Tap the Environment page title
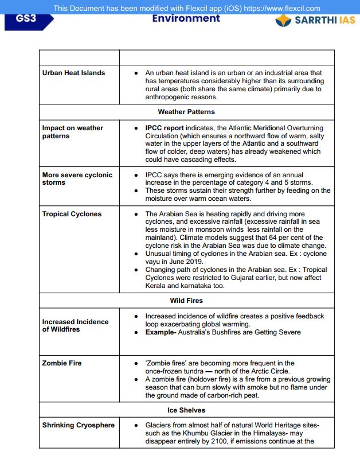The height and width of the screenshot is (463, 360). pos(186,18)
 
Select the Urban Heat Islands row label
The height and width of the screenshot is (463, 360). pos(73,73)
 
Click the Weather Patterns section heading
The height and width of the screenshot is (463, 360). pos(186,111)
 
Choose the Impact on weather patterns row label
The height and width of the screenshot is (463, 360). pos(72,132)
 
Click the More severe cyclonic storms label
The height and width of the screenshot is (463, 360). pos(77,178)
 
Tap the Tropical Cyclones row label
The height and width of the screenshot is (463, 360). pos(72,214)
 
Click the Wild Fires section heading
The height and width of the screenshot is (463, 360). pos(186,300)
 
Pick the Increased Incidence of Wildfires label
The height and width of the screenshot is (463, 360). pos(75,325)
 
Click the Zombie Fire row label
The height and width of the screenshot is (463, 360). pos(62,363)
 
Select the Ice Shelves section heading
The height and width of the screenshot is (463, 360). pos(186,410)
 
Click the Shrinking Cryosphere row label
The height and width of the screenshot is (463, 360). pos(78,425)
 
